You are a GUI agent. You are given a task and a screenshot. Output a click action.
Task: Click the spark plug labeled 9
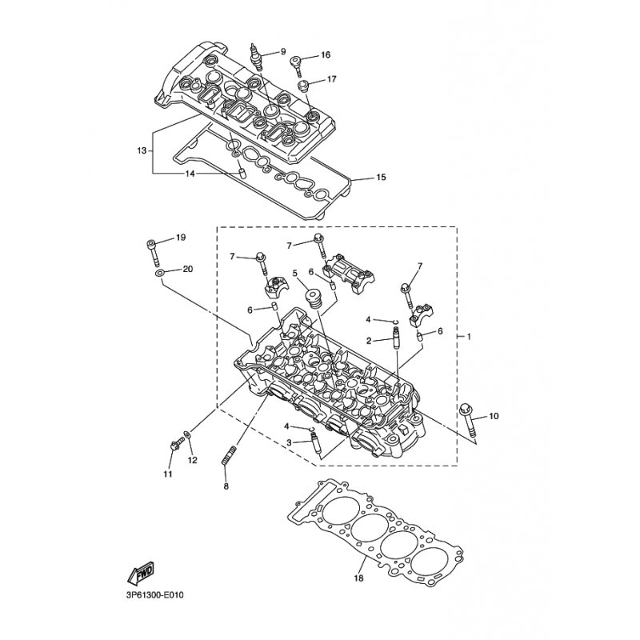[x=255, y=58]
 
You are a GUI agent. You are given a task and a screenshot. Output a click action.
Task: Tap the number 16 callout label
[x=326, y=54]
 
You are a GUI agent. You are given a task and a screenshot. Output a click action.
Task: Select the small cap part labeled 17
[x=302, y=86]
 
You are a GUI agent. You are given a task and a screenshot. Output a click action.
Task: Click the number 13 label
[x=142, y=151]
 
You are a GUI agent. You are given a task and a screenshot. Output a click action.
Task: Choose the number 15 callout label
[x=381, y=178]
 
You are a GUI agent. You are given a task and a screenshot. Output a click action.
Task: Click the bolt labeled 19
[x=152, y=251]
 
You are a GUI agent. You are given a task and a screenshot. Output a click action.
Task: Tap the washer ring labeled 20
[x=160, y=273]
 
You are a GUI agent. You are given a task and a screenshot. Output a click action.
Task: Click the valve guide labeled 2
[x=395, y=338]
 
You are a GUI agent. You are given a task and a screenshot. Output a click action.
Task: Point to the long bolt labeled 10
[x=468, y=422]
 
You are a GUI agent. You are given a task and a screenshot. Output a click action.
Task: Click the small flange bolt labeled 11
[x=174, y=445]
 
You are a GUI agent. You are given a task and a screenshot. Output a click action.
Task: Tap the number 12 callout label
[x=192, y=460]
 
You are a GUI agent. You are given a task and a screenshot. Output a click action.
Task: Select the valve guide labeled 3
[x=315, y=445]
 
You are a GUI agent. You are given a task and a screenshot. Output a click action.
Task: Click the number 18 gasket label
[x=358, y=578]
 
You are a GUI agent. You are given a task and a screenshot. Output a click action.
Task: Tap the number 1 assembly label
[x=469, y=337]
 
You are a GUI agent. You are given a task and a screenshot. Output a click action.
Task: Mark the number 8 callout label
[x=226, y=486]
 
